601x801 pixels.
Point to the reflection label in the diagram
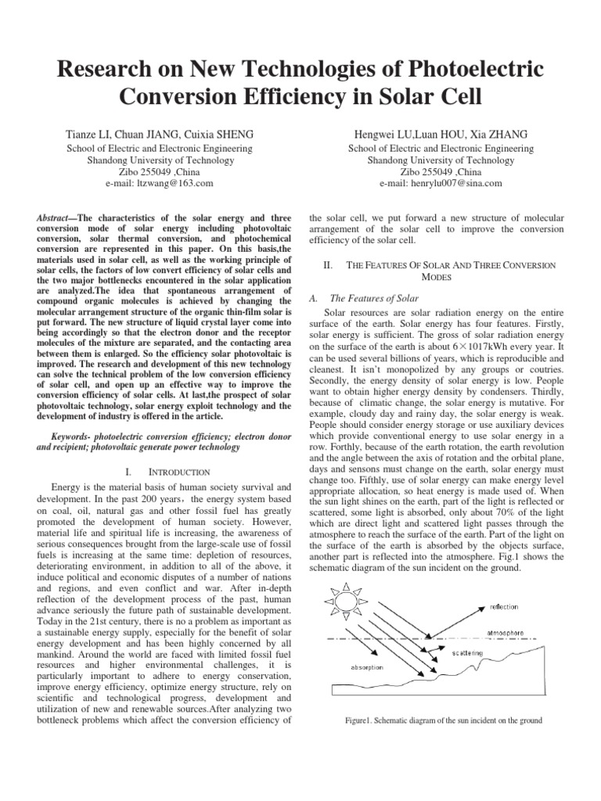(x=503, y=606)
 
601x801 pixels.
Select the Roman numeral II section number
(x=328, y=265)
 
